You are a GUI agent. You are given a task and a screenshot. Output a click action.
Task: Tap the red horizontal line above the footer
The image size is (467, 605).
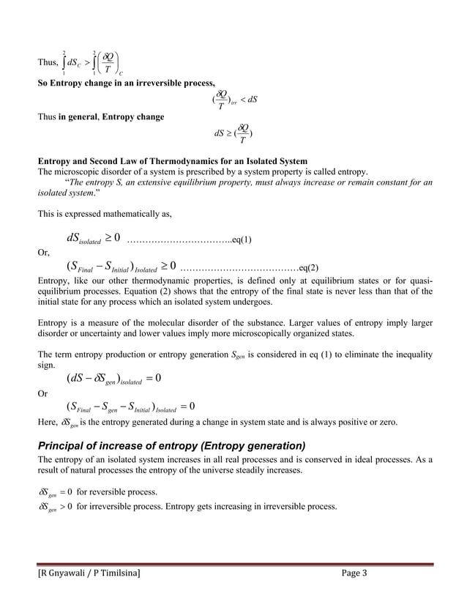coord(233,563)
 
